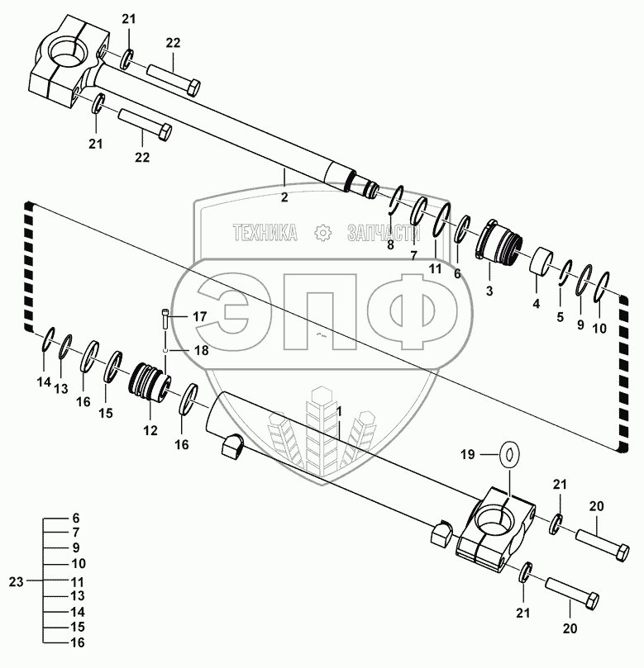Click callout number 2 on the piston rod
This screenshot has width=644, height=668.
284,198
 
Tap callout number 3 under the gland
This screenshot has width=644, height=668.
489,291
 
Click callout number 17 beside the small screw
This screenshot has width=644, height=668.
200,316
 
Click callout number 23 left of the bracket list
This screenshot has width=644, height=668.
17,581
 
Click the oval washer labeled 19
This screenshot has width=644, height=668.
509,453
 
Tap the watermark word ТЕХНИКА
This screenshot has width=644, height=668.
265,234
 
